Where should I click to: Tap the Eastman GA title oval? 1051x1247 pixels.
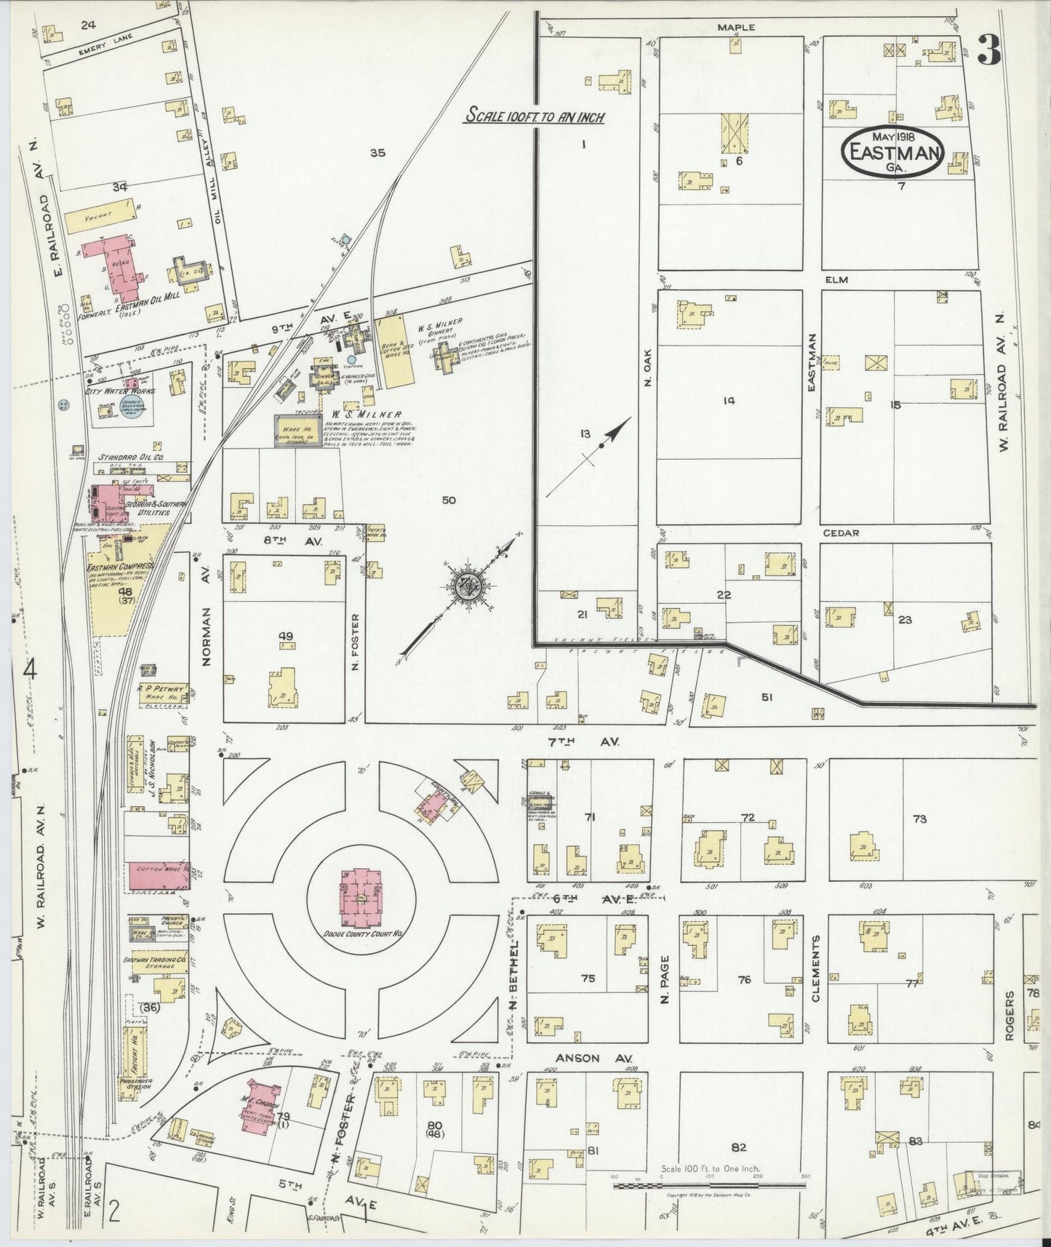pyautogui.click(x=892, y=152)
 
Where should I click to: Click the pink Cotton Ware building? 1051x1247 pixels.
pyautogui.click(x=159, y=876)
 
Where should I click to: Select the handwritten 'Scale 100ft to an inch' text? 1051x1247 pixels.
pyautogui.click(x=536, y=116)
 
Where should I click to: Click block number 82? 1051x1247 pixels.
pyautogui.click(x=739, y=1147)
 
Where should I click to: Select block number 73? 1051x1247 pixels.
pyautogui.click(x=919, y=819)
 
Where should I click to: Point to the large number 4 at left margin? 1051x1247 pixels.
pyautogui.click(x=29, y=671)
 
